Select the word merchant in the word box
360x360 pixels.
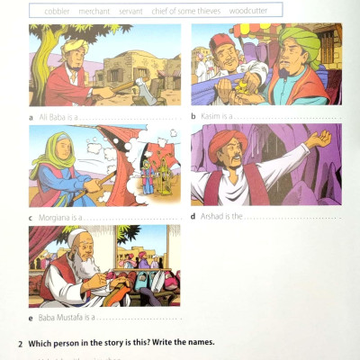94,11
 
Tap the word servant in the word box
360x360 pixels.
130,11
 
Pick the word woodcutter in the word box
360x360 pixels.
247,11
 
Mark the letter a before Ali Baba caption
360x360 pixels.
31,117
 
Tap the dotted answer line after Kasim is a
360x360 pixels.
288,118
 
